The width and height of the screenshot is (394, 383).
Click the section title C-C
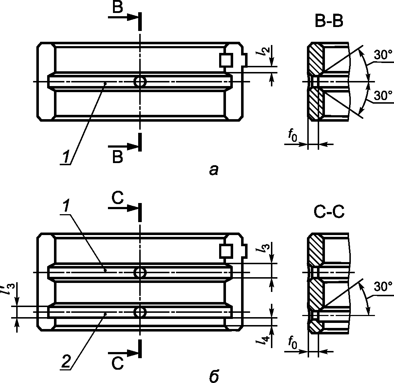click(329, 212)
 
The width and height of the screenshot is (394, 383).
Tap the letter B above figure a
click(118, 7)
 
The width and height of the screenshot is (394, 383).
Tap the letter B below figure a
click(118, 157)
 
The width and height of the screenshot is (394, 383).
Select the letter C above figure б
click(118, 198)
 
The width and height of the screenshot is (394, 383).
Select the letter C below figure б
click(118, 364)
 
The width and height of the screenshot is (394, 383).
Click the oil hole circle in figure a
click(140, 82)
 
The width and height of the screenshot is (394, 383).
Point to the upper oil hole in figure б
click(140, 272)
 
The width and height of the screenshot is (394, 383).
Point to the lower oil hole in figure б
click(140, 312)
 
